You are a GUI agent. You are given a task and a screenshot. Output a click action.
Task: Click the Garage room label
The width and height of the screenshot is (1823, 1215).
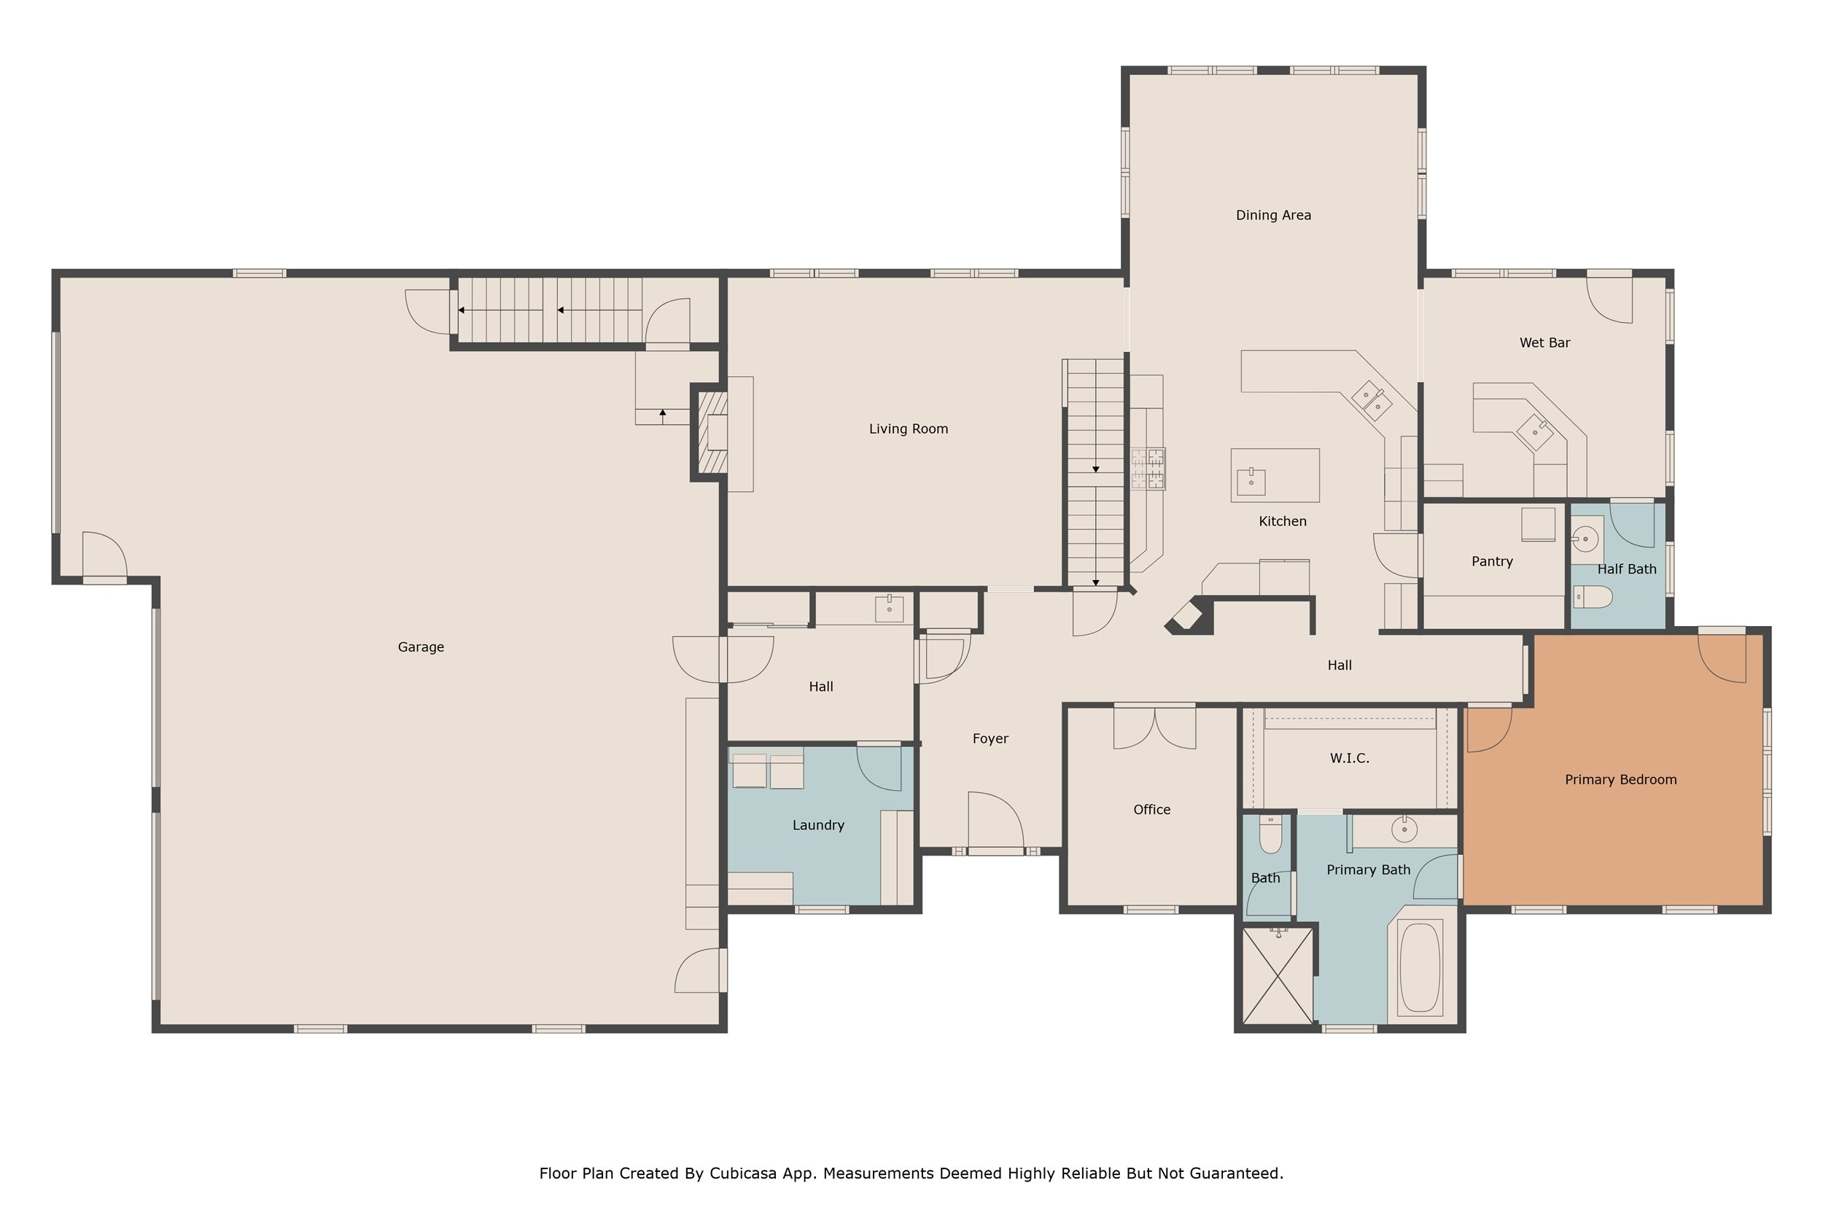pyautogui.click(x=421, y=647)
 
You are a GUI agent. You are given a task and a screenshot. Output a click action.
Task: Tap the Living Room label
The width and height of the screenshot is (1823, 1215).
pyautogui.click(x=909, y=429)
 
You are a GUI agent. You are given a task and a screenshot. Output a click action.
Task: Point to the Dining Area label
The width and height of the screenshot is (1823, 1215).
pyautogui.click(x=1273, y=216)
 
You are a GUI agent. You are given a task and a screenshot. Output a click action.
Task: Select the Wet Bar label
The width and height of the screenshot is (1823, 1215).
pyautogui.click(x=1544, y=343)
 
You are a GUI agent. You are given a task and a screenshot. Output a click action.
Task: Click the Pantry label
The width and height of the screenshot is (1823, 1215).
pyautogui.click(x=1492, y=562)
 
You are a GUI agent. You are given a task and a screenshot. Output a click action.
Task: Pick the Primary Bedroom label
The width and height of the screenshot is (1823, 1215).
pyautogui.click(x=1621, y=780)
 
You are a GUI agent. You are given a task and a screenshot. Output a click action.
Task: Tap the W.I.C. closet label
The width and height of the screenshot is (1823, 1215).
pyautogui.click(x=1350, y=758)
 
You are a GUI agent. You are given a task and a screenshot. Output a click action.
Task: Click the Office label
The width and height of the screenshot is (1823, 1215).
pyautogui.click(x=1152, y=810)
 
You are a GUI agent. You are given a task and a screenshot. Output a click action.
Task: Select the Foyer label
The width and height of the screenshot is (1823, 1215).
pyautogui.click(x=990, y=738)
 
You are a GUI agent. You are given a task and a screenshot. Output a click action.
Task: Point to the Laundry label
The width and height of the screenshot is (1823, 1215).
pyautogui.click(x=818, y=825)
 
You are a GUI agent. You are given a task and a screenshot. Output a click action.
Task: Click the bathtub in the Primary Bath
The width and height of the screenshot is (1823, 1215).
pyautogui.click(x=1420, y=968)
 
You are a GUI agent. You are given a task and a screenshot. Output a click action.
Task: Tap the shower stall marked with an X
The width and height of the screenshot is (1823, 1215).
pyautogui.click(x=1278, y=977)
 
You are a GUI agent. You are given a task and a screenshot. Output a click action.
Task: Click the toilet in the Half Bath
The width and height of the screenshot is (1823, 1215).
pyautogui.click(x=1593, y=597)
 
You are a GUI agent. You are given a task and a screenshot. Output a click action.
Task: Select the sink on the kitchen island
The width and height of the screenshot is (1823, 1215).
pyautogui.click(x=1251, y=481)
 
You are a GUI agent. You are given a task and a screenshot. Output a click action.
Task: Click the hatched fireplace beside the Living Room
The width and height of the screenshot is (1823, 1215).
pyautogui.click(x=713, y=432)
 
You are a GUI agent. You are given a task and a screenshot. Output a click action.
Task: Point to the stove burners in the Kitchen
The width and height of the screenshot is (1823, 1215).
pyautogui.click(x=1148, y=469)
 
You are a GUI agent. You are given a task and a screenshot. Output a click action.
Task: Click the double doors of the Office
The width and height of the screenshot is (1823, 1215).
pyautogui.click(x=1155, y=727)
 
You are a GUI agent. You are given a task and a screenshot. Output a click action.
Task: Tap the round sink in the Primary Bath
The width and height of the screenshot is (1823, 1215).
pyautogui.click(x=1404, y=829)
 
